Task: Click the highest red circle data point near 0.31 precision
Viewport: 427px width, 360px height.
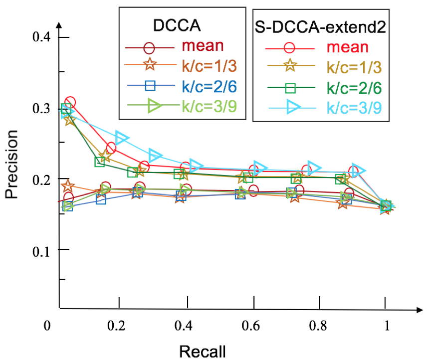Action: click(70, 103)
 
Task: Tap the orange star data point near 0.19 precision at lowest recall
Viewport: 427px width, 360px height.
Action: click(68, 186)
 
